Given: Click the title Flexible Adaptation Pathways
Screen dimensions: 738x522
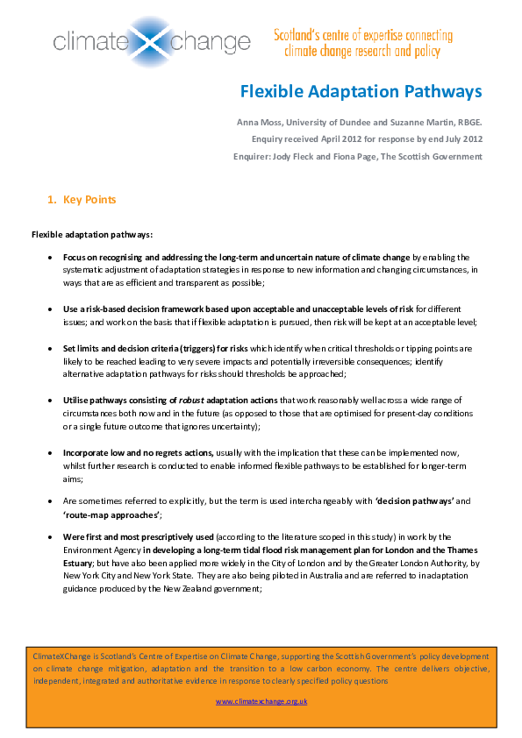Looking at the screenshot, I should (x=361, y=91).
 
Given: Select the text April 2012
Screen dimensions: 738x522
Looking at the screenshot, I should (x=331, y=138).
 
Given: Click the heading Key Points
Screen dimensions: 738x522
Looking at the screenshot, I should (x=89, y=200).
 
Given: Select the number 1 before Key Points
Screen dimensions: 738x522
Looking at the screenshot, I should (x=49, y=200).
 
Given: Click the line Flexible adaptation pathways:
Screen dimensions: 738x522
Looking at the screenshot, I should (x=92, y=234).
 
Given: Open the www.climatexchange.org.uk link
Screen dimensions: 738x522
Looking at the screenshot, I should (x=261, y=701).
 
